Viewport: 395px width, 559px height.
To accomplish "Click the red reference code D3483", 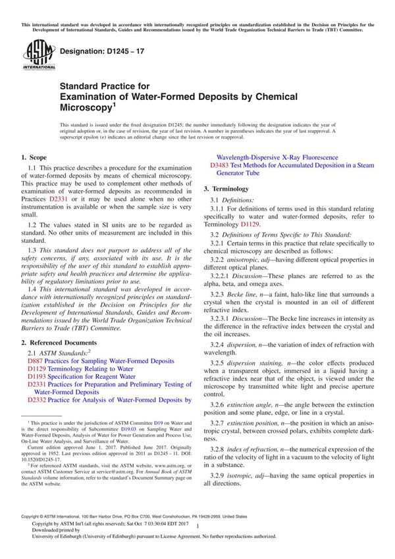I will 221,166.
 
